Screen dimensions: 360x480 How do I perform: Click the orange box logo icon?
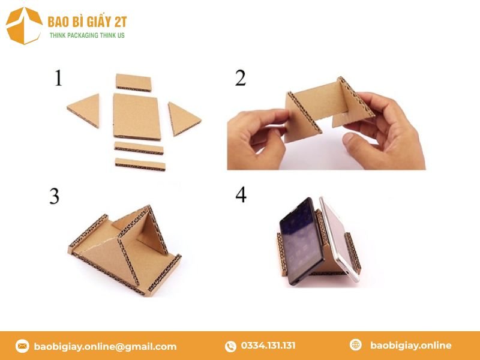[x=24, y=25]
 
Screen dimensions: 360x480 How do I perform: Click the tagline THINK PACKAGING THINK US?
[x=87, y=36]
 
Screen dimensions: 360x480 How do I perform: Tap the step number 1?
[x=58, y=78]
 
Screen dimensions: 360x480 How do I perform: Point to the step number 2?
[x=240, y=78]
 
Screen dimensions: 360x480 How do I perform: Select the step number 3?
[x=55, y=196]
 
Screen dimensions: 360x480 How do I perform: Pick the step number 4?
[x=241, y=194]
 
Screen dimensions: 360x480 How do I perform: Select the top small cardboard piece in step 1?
[x=134, y=82]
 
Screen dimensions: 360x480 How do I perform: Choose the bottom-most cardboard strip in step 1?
[x=140, y=163]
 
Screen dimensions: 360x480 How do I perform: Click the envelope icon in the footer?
[x=22, y=346]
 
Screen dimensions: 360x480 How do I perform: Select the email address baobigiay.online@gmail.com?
[x=105, y=346]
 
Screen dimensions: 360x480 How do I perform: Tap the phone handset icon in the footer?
[x=230, y=346]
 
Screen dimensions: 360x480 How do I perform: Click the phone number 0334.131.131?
[x=268, y=346]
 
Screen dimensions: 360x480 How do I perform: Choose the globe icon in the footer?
[x=356, y=345]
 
